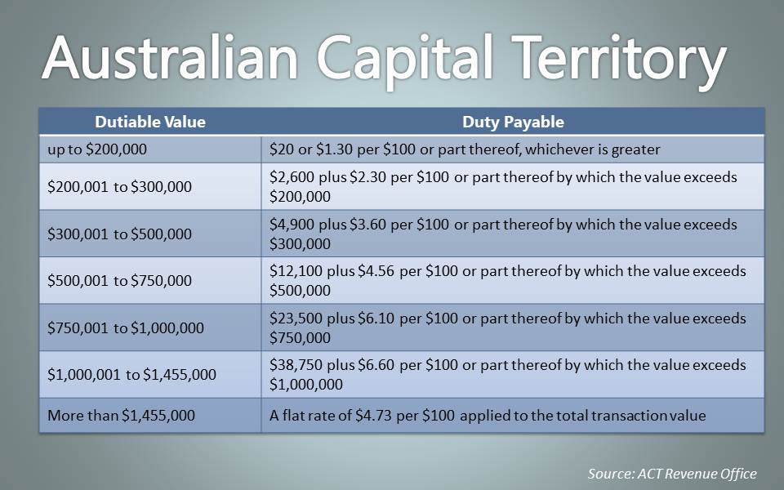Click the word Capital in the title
[406, 60]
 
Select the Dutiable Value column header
[150, 122]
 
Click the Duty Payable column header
[513, 122]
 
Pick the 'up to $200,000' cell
[97, 149]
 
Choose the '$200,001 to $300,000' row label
[119, 187]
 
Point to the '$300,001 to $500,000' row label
[119, 234]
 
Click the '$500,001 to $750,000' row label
[119, 280]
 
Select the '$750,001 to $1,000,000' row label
[126, 328]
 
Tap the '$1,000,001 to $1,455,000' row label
[132, 375]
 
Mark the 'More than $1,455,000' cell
[121, 416]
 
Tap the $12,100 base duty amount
[296, 271]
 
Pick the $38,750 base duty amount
[296, 365]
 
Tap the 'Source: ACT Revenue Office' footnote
[672, 474]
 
